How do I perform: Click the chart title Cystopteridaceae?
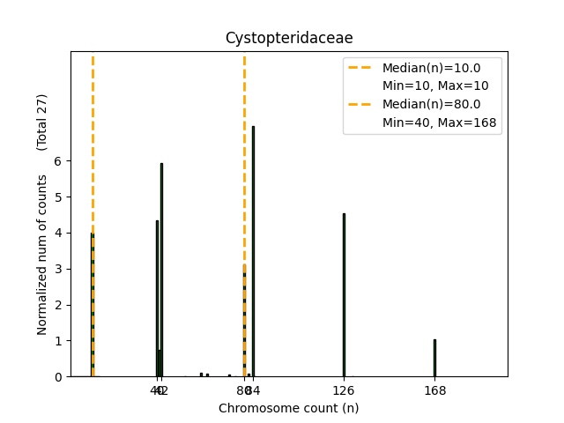(x=289, y=38)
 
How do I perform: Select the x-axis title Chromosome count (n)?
(x=288, y=408)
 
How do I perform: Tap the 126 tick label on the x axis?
(x=344, y=390)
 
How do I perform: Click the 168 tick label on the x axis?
(x=434, y=390)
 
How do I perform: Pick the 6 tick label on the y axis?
(x=58, y=160)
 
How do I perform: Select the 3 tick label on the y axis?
(x=58, y=269)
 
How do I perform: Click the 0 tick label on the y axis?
(x=58, y=376)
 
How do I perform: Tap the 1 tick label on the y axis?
(x=58, y=340)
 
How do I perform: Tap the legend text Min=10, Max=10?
(x=435, y=85)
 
